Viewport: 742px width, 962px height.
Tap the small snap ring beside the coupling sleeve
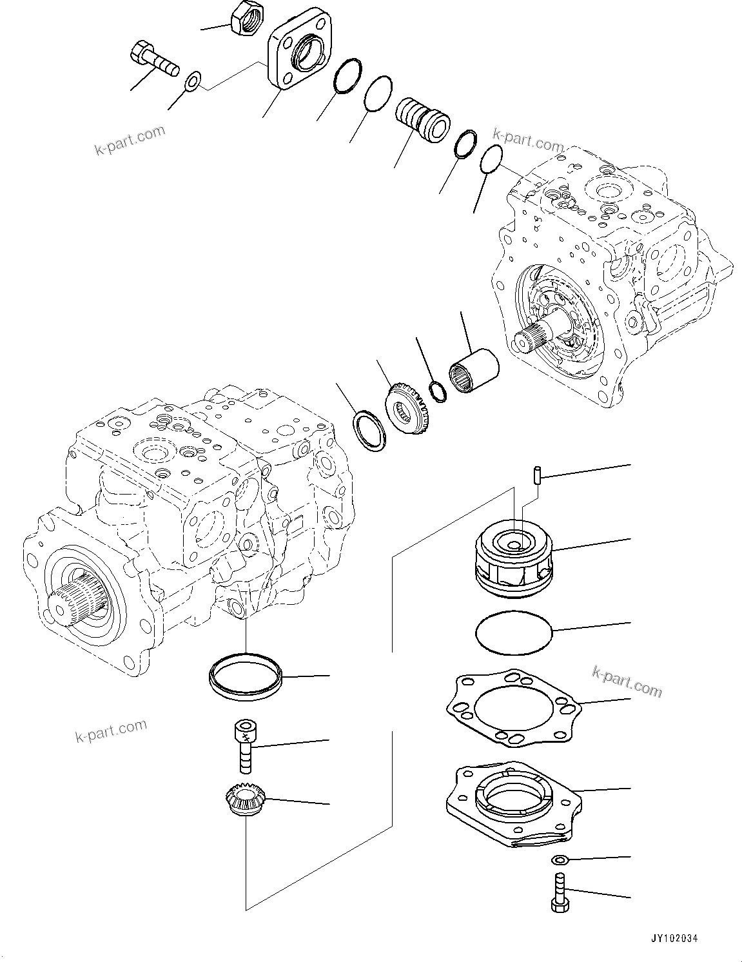[x=438, y=391]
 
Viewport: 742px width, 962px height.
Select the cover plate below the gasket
[x=513, y=805]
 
